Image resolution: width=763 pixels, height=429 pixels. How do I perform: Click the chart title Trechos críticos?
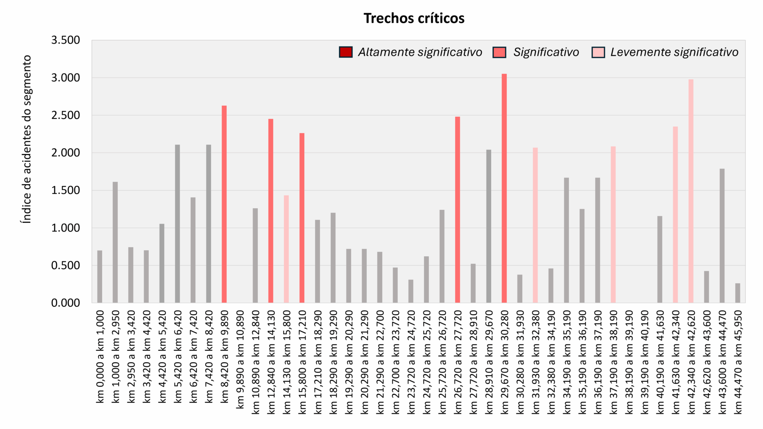414,18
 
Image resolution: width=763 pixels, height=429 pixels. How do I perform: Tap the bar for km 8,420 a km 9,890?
224,204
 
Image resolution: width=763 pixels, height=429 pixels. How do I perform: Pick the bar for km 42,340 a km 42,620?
691,191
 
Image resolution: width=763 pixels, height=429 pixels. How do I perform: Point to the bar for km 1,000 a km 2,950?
115,242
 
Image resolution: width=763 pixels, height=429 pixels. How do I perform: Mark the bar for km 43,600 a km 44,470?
722,236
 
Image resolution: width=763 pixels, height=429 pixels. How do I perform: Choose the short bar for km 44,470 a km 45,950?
738,293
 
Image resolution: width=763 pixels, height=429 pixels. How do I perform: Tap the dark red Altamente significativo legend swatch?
346,52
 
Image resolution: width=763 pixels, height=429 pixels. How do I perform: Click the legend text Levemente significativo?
674,52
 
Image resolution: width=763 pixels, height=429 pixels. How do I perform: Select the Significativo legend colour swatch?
499,52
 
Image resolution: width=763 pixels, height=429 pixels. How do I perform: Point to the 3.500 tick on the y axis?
66,40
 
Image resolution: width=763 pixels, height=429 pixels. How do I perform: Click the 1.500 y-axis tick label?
66,190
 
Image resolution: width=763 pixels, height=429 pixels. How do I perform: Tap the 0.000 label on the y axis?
66,303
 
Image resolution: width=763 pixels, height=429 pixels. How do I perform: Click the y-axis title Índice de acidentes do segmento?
27,139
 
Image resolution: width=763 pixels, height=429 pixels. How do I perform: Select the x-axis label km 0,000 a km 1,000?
100,356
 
